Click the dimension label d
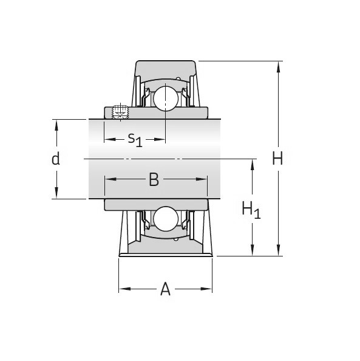(56, 159)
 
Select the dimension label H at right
(277, 159)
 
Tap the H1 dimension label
(251, 210)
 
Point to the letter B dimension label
(154, 180)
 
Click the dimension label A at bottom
(165, 290)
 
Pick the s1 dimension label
(135, 139)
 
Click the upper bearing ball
(164, 98)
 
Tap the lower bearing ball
(164, 219)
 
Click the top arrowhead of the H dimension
(278, 65)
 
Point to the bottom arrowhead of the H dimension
(278, 252)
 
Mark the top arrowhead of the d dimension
(56, 124)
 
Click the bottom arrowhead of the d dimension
(56, 194)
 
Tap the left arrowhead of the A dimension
(123, 289)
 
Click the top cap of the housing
(165, 67)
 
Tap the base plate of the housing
(165, 251)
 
